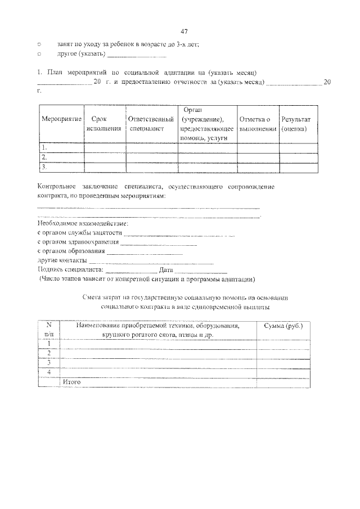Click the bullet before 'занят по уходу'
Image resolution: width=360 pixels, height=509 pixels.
[39, 43]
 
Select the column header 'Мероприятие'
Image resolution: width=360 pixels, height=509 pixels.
[61, 120]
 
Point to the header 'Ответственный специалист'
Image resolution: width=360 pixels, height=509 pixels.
[149, 124]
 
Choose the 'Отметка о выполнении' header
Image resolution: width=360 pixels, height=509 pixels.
[258, 124]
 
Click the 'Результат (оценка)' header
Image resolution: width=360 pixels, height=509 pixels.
[299, 124]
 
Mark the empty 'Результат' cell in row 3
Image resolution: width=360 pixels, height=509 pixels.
[299, 167]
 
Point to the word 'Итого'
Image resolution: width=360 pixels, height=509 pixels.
[72, 382]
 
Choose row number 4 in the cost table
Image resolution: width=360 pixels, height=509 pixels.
[49, 372]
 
